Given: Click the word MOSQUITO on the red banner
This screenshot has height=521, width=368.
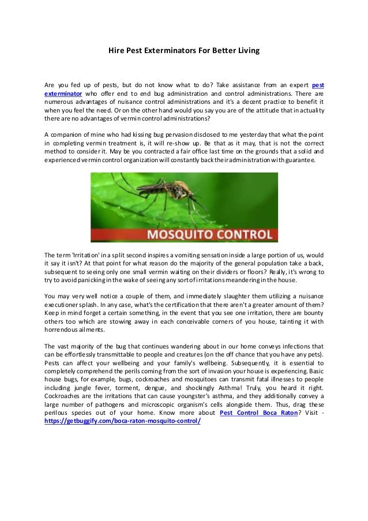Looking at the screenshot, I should [x=163, y=235].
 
